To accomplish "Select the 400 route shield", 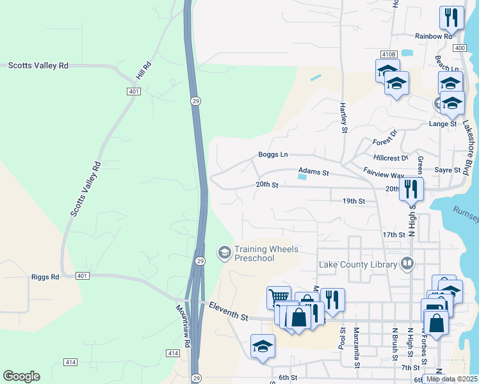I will click(x=459, y=48).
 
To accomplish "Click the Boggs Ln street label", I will click(x=273, y=154).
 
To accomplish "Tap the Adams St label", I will click(x=313, y=173).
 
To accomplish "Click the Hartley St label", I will click(x=343, y=118).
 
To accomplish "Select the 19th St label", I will click(x=353, y=201).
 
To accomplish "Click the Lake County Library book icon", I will click(x=407, y=264).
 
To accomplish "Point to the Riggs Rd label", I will click(x=45, y=277).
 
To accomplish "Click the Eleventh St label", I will click(x=228, y=312).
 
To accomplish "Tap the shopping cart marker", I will click(x=279, y=296).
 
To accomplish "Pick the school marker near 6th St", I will click(x=263, y=346).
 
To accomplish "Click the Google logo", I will click(x=21, y=376).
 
